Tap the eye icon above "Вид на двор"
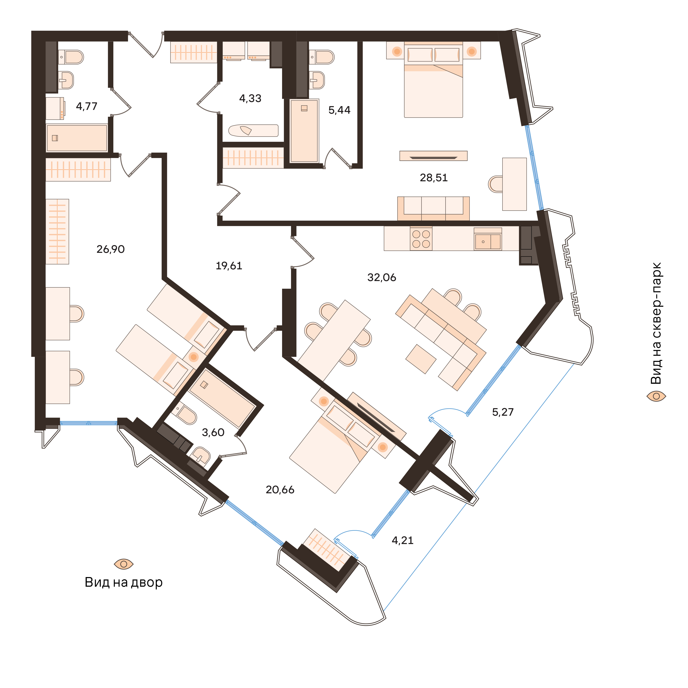pyautogui.click(x=123, y=564)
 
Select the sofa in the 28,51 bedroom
pyautogui.click(x=433, y=209)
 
